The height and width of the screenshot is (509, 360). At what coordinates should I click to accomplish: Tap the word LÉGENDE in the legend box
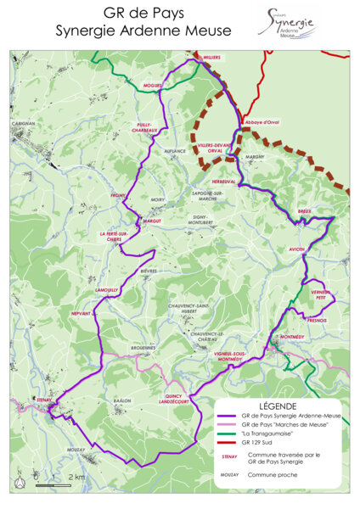[278, 406]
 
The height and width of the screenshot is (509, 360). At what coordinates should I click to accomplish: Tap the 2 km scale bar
[53, 486]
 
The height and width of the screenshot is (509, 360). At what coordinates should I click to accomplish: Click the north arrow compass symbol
[20, 478]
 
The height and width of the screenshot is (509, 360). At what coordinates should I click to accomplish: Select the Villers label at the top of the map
[211, 58]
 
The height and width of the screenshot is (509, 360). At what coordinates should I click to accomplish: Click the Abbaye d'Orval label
[262, 122]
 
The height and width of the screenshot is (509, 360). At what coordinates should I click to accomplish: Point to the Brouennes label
[143, 348]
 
